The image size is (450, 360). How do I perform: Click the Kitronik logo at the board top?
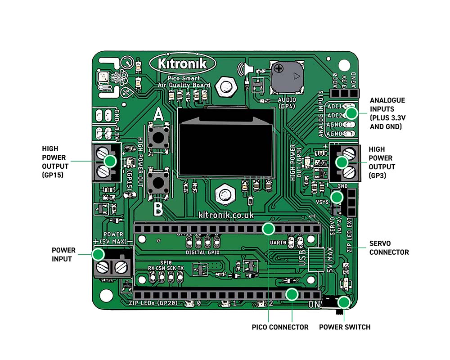[x=182, y=63]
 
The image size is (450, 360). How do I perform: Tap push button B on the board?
[x=158, y=183]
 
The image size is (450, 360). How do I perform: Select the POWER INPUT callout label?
[x=63, y=255]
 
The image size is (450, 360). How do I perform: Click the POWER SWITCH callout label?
[x=345, y=327]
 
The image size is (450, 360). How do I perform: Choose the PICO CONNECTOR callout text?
[x=280, y=327]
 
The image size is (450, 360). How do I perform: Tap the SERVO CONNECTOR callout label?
[x=389, y=247]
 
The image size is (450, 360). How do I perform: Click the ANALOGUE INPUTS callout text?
[x=387, y=113]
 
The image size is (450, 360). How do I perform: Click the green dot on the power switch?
[x=345, y=303]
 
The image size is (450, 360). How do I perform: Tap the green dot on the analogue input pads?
[x=351, y=113]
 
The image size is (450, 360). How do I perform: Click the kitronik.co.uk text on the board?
[x=226, y=216]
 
